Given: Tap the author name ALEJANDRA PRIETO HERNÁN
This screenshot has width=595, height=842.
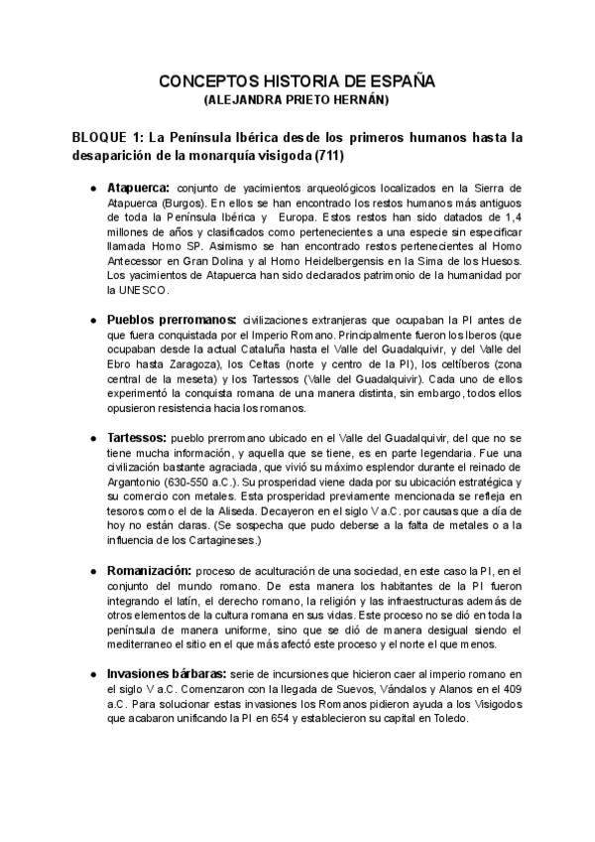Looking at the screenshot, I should (297, 100).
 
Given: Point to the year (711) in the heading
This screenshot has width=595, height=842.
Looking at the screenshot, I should (327, 156).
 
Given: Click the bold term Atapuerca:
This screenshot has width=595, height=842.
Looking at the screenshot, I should (139, 187).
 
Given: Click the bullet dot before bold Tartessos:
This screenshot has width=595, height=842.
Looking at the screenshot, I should (92, 438).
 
